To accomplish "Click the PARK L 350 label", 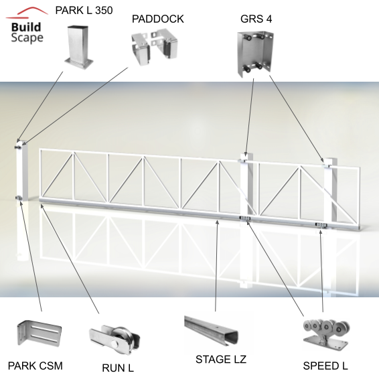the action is coord(84,11).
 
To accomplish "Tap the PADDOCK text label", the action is coord(157,19).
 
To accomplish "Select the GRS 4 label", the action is coord(256,19).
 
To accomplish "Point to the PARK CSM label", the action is coord(35,366).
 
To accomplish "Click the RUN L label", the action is coord(118,368).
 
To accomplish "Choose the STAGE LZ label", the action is coord(221,360).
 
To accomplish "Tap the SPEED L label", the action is coord(325,366).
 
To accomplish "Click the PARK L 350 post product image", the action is coord(79,47).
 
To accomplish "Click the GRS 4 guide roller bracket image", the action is coord(256,54).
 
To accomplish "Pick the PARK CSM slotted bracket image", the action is coord(39,333).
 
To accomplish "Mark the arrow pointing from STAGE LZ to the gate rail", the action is coord(216,266).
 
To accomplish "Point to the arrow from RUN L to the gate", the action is coord(70,259).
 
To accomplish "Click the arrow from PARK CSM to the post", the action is coord(31,256).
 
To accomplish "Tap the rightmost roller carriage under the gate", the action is coord(321,225).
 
